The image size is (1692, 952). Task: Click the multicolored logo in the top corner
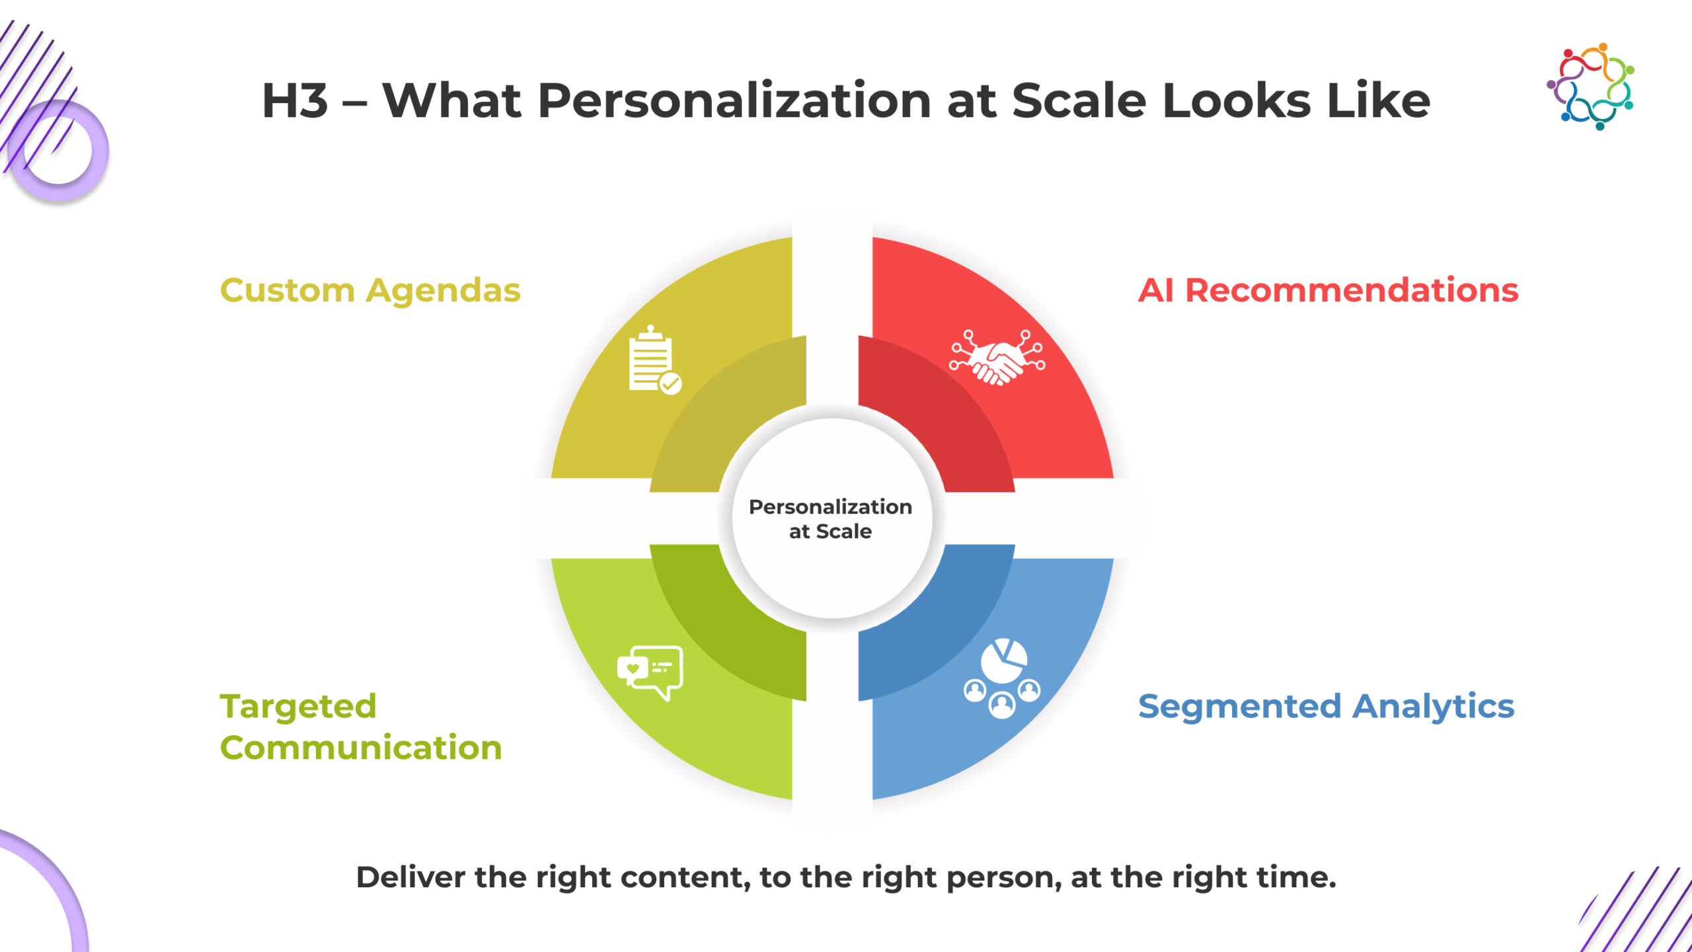(x=1590, y=86)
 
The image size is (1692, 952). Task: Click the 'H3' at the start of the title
(x=295, y=101)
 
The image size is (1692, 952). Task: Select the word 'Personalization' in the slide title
(x=734, y=101)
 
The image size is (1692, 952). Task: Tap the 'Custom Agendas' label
(x=370, y=290)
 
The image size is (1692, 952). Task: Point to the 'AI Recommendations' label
(x=1328, y=290)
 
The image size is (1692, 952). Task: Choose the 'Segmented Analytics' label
(x=1326, y=707)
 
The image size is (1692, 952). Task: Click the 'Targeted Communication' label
(x=361, y=727)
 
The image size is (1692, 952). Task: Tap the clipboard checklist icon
(x=654, y=360)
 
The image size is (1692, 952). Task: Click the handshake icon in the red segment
(x=997, y=358)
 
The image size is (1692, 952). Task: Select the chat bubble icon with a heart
(x=650, y=672)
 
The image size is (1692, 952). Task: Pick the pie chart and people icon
(x=1002, y=678)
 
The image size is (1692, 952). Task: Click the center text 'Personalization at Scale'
(x=830, y=519)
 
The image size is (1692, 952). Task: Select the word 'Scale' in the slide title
(x=1079, y=101)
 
